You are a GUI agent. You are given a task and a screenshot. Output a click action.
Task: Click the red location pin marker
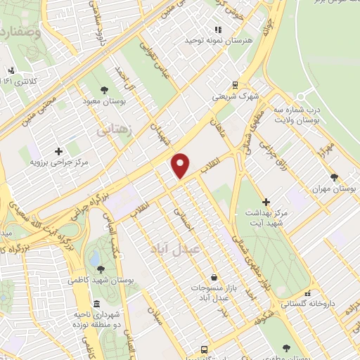(181, 165)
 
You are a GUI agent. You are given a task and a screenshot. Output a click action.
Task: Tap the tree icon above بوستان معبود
(105, 90)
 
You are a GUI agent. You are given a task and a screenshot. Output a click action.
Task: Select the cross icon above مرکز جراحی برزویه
(58, 150)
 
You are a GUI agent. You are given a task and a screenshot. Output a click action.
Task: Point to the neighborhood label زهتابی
(113, 130)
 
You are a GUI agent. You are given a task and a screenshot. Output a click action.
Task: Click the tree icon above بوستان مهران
(334, 178)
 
